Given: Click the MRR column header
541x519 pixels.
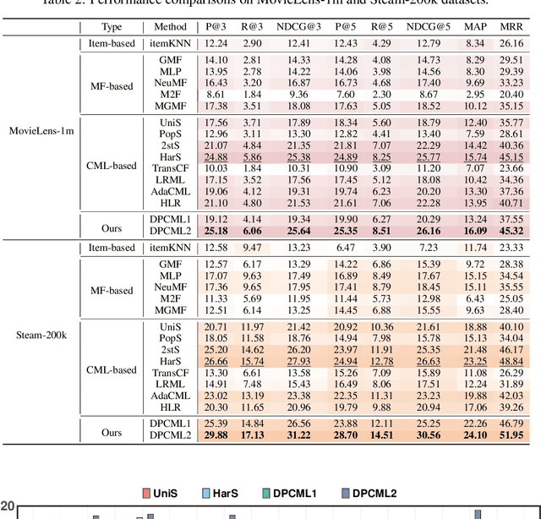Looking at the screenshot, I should pos(511,27).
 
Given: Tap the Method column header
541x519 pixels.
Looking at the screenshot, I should pos(172,27).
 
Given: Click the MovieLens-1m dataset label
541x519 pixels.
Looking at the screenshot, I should pos(41,130).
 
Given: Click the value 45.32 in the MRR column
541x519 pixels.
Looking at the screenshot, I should pos(511,230).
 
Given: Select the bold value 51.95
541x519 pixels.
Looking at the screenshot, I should pos(511,435).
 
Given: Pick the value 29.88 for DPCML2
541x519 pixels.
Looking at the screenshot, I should pos(216,435).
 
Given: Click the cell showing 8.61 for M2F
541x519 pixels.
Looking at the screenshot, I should pos(216,94).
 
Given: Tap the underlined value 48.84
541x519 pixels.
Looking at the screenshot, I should pos(511,361).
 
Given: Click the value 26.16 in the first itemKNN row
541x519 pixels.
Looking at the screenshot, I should pos(511,42).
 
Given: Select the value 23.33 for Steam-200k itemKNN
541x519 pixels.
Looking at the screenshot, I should pos(511,247).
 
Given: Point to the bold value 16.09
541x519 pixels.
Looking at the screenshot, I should pos(475,230).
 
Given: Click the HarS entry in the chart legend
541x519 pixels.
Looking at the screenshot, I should pos(221,494).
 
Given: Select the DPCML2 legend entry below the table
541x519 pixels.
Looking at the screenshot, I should pos(368,494).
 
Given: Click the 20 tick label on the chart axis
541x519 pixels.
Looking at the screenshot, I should pos(8,507).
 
